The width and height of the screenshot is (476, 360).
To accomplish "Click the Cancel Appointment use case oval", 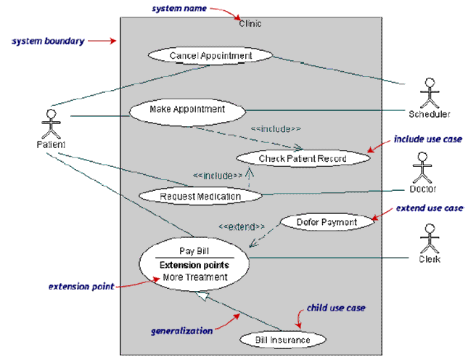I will (x=210, y=56).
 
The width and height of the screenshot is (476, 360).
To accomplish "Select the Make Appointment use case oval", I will (x=187, y=110).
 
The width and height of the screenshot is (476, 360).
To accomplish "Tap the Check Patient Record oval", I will (x=303, y=158).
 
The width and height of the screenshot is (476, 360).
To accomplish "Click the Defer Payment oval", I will (x=327, y=222).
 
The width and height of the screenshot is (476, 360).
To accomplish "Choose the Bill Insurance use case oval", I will (x=282, y=340).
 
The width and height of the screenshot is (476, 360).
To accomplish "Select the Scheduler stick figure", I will (x=429, y=93).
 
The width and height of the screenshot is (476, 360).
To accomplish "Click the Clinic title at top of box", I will (x=250, y=24).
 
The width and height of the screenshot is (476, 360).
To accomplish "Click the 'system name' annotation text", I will (x=178, y=8).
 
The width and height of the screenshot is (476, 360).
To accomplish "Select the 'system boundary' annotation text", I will (x=47, y=41).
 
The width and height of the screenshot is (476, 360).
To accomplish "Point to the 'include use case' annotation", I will (x=427, y=139).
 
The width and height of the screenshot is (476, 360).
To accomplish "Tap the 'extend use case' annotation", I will (x=429, y=208).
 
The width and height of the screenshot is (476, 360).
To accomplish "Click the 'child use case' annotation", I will (x=335, y=308).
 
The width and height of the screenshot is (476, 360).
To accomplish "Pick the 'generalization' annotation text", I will (x=181, y=330).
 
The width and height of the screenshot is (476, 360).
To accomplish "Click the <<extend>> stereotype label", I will (x=242, y=226).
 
